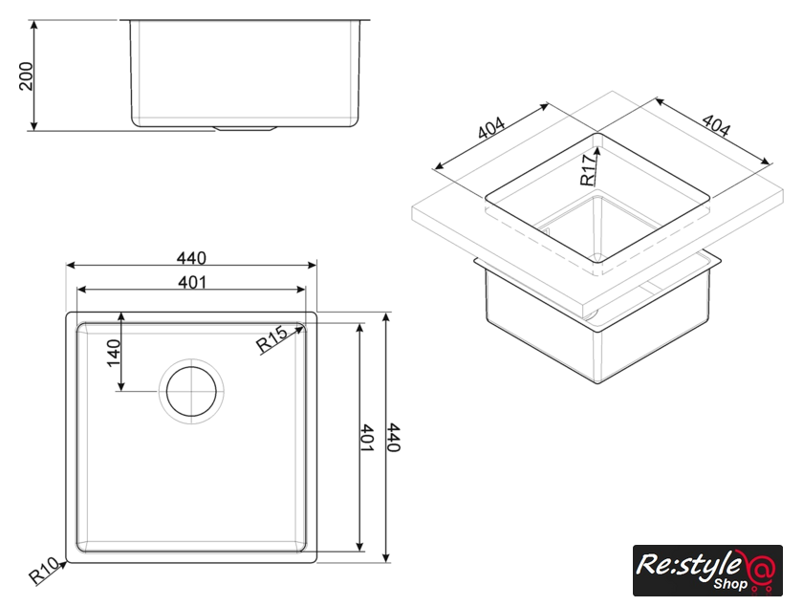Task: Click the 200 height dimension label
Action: click(26, 76)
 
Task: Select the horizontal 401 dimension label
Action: click(192, 282)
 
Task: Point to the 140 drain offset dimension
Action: click(114, 353)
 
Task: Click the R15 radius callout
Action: click(271, 339)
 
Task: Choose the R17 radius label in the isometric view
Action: click(589, 170)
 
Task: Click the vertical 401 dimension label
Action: click(367, 437)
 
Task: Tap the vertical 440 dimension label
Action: click(393, 437)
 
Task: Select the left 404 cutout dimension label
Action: click(491, 128)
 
